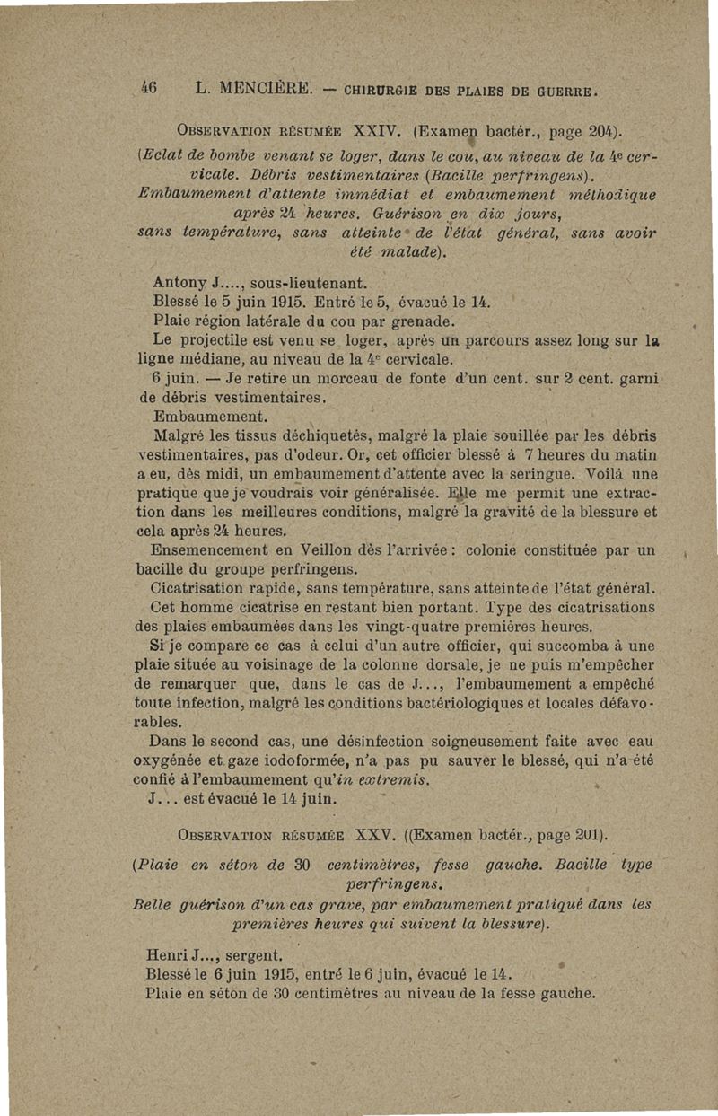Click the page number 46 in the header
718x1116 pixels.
coord(148,89)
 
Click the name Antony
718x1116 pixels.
coord(179,285)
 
